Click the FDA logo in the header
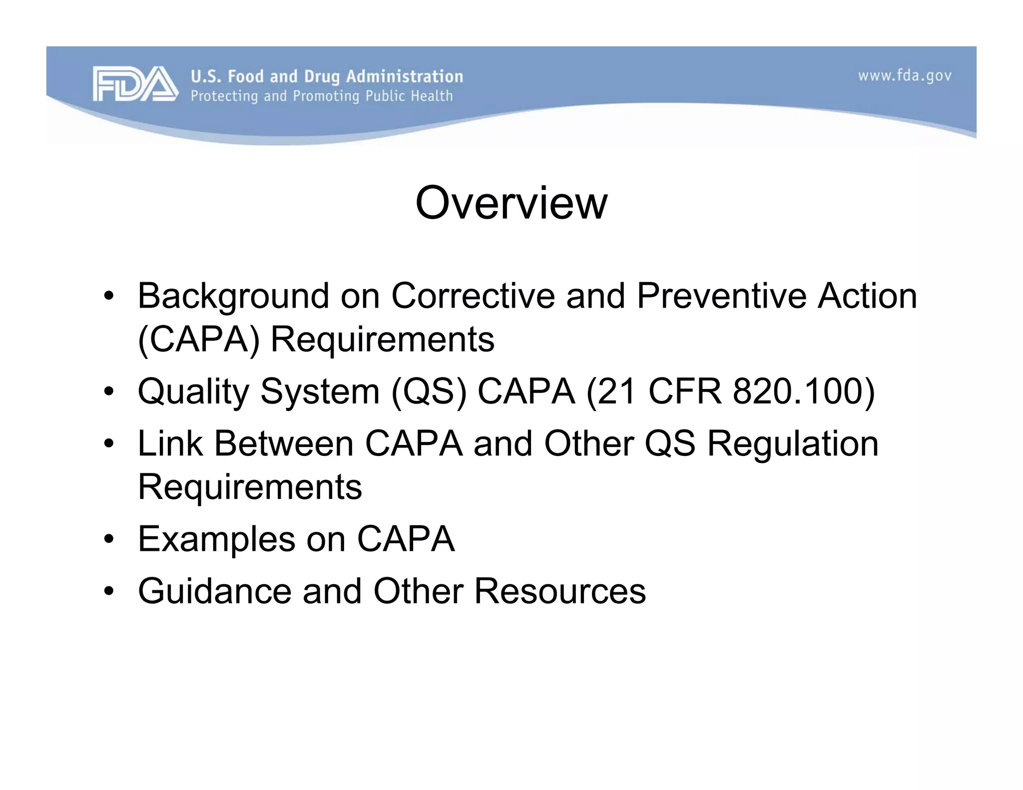click(x=135, y=84)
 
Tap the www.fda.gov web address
click(x=905, y=76)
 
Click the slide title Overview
click(x=511, y=203)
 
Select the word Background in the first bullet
click(x=233, y=296)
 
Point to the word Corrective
click(x=473, y=296)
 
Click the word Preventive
click(x=721, y=296)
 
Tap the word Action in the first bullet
click(x=867, y=296)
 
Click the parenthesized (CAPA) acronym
click(x=198, y=340)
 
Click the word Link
click(x=170, y=443)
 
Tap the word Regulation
click(x=793, y=443)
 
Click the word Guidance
click(x=214, y=591)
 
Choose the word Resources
click(x=560, y=591)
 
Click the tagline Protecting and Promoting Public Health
click(x=322, y=96)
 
